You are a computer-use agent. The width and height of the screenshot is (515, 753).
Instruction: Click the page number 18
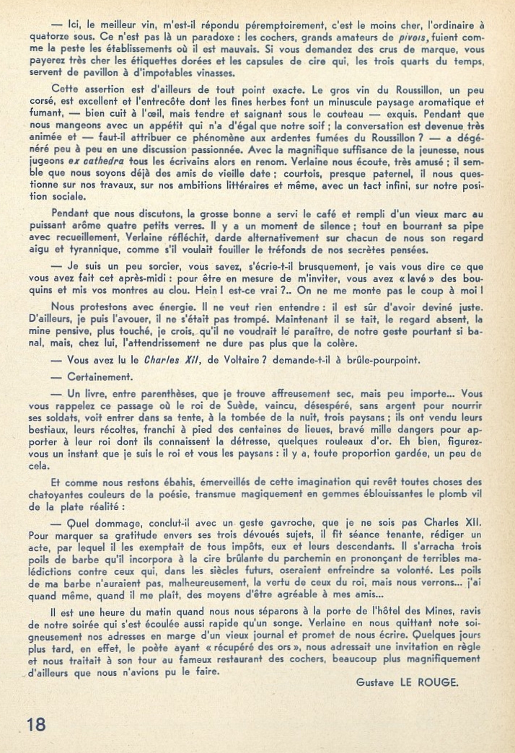click(x=35, y=724)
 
